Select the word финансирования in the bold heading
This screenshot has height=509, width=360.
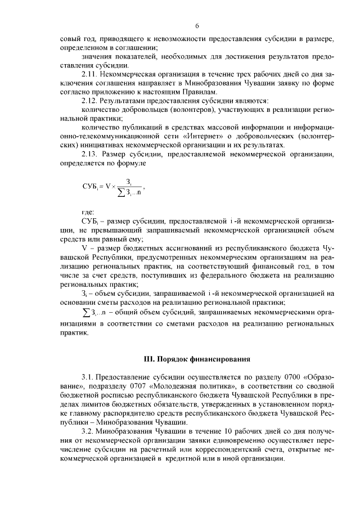point(218,358)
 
